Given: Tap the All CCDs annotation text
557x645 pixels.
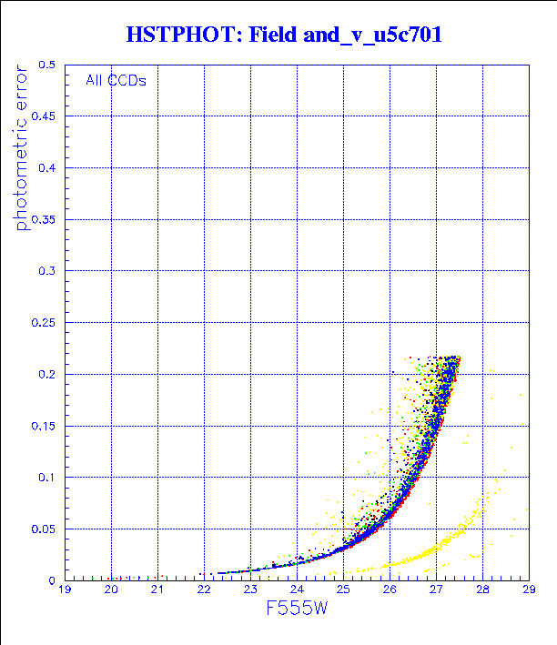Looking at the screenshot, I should pyautogui.click(x=116, y=80).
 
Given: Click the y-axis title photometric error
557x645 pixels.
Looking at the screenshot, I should pyautogui.click(x=22, y=150).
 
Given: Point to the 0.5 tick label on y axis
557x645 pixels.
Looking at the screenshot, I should pyautogui.click(x=46, y=66).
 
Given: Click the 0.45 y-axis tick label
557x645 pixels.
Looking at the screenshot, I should pyautogui.click(x=43, y=116).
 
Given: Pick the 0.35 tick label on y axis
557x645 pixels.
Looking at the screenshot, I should pyautogui.click(x=43, y=219).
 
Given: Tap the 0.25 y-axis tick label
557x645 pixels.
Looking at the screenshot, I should pyautogui.click(x=43, y=322).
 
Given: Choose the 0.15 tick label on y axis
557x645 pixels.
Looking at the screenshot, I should pyautogui.click(x=43, y=426).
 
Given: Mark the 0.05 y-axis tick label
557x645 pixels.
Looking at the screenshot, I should pyautogui.click(x=43, y=529).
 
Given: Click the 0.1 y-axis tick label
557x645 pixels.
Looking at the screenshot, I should pyautogui.click(x=46, y=477).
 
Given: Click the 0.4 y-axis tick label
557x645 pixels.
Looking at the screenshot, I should pyautogui.click(x=46, y=168).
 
